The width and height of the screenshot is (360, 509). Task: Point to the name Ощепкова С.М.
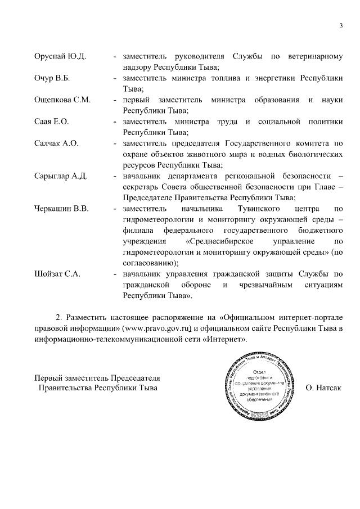[62, 100]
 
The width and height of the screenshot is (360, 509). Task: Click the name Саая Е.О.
[52, 121]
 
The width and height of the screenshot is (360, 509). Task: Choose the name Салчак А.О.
[57, 143]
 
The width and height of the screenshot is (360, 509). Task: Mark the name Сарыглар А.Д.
[61, 176]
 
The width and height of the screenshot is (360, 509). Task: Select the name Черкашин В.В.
[62, 209]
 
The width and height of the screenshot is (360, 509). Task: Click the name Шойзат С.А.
[58, 274]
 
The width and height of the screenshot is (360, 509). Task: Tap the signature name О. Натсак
[323, 388]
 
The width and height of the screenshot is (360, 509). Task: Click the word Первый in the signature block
[49, 377]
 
